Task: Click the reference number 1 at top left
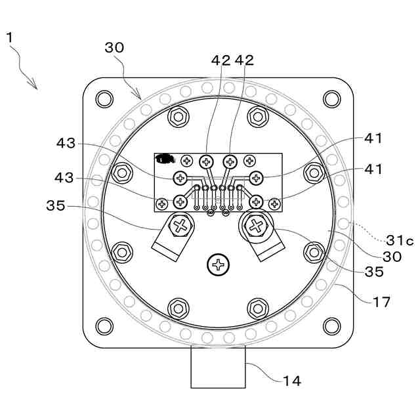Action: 10,37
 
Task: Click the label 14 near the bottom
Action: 292,380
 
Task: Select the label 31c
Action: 399,241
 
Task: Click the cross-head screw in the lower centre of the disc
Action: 217,265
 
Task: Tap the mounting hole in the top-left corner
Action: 104,99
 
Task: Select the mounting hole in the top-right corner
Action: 331,99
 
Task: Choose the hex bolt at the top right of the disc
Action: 257,117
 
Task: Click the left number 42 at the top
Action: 221,60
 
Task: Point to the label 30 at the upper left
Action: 114,47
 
